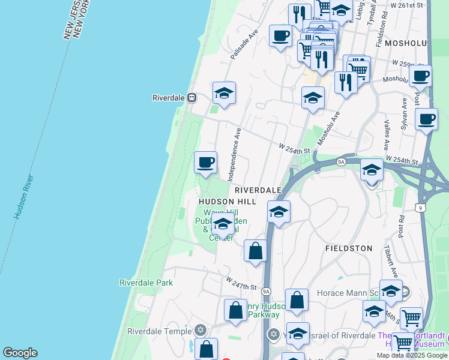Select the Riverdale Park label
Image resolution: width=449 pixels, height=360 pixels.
[146, 283]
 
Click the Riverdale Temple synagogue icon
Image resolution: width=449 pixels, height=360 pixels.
[200, 331]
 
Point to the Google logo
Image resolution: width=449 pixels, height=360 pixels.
[20, 353]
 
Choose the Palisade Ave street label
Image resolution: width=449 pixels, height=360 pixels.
[244, 45]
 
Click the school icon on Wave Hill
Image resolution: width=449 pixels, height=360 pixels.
[223, 224]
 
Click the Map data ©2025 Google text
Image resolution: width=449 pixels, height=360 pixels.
[412, 355]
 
